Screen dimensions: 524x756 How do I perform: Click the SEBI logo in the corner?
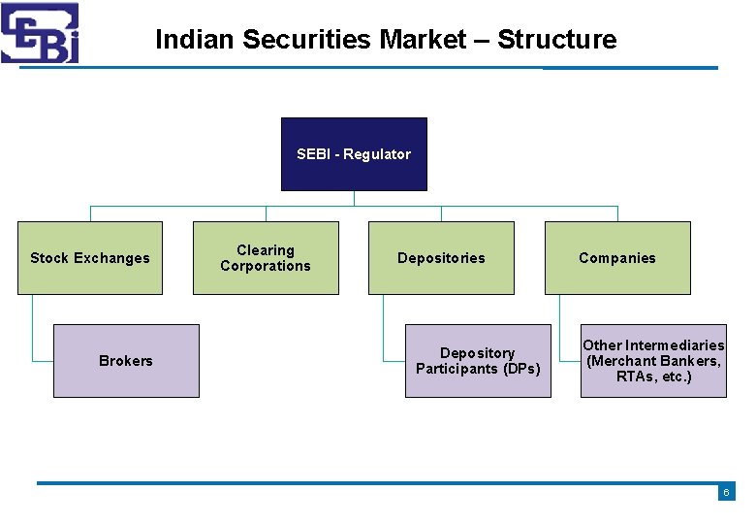pos(40,33)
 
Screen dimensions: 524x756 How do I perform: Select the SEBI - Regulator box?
pos(354,154)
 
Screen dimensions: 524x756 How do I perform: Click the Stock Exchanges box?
pos(90,258)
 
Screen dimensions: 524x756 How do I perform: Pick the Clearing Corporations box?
pos(266,258)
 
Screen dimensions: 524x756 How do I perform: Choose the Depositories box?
pos(441,258)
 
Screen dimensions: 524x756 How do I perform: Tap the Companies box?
pos(617,258)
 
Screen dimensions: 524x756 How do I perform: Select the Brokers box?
pos(126,361)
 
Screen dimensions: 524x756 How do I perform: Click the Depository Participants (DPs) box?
pos(478,361)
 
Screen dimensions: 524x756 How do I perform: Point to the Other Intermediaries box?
pos(653,361)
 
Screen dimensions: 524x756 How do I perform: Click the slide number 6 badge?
pos(726,493)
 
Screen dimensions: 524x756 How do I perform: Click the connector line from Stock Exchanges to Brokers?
pos(33,330)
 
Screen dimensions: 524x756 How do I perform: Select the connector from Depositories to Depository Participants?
pos(384,330)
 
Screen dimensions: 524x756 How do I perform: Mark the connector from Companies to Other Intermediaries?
pos(560,330)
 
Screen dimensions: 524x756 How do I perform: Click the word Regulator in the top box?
pos(377,154)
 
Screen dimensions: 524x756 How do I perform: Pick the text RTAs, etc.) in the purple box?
pos(653,377)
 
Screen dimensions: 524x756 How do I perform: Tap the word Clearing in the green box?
pos(266,250)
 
